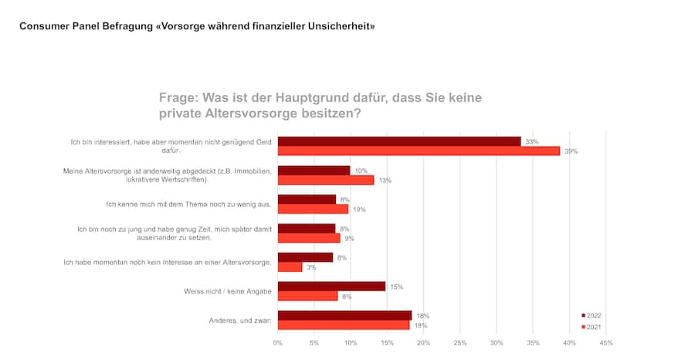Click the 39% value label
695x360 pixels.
coord(571,151)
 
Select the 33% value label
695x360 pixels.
coord(531,141)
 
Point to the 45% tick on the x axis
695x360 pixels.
coord(606,342)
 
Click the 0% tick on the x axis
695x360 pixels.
coord(278,342)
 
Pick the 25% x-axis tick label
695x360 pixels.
coord(460,342)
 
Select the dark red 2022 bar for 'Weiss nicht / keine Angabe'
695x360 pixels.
coord(331,286)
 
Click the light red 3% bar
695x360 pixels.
coord(290,267)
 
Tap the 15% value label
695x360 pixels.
coord(396,287)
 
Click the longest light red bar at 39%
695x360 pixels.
coord(419,151)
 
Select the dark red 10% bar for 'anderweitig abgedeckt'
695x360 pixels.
coord(314,170)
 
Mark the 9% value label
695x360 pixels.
coord(349,239)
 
